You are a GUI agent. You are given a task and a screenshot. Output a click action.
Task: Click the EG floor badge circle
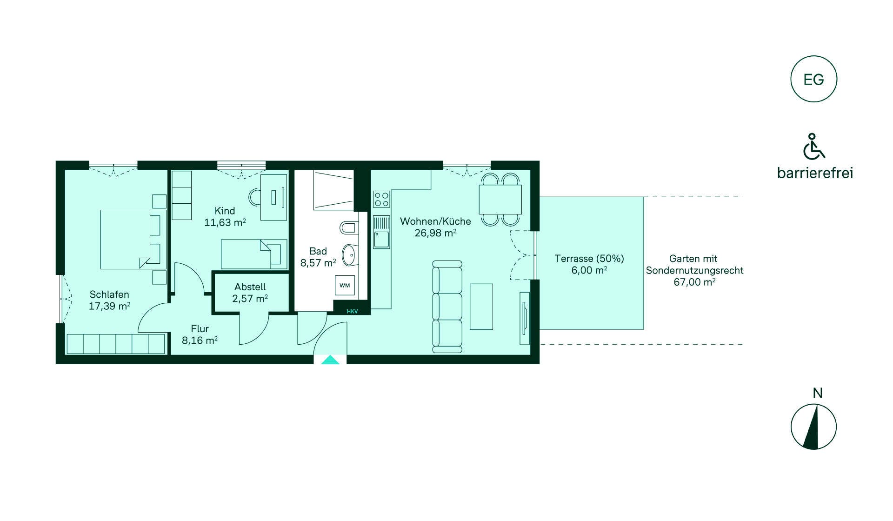point(813,56)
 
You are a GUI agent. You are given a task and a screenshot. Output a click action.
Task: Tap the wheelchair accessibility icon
point(813,146)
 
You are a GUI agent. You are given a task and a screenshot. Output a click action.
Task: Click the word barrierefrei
point(815,173)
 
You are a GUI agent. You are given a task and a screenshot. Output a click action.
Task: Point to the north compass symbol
point(813,427)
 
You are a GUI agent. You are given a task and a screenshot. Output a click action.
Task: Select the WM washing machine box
point(345,285)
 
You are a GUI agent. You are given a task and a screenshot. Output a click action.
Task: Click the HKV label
point(352,311)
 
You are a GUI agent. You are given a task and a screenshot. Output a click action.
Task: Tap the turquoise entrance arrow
point(330,360)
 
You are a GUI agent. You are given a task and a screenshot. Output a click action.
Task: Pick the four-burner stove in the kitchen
point(381,200)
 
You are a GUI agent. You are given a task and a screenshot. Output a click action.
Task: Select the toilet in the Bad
point(349,228)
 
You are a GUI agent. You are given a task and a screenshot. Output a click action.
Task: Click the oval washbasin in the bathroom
point(349,255)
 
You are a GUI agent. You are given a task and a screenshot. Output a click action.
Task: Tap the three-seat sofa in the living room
point(447,307)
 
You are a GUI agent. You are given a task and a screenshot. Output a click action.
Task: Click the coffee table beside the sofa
point(481,307)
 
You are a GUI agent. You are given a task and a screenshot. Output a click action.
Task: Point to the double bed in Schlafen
point(133,240)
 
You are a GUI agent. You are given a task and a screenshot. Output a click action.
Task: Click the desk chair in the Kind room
point(255,197)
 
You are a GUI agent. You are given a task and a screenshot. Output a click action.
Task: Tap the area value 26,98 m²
point(435,233)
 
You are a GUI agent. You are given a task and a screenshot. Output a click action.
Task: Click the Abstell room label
point(250,287)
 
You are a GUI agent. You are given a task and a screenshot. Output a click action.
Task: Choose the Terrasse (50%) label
point(589,259)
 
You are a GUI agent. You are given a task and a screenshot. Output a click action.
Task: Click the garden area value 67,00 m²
point(694,282)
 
